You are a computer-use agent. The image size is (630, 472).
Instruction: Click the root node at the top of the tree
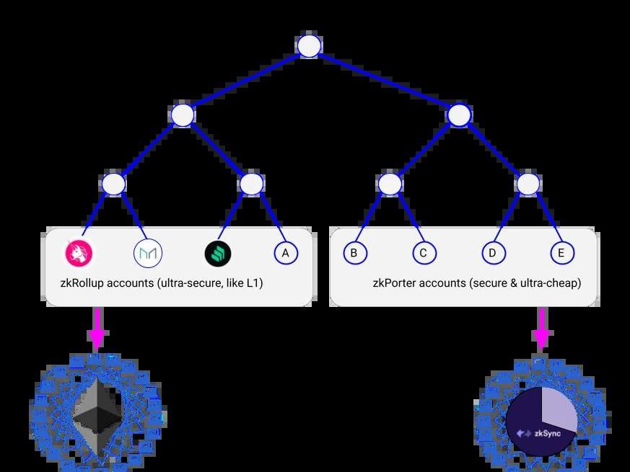(x=309, y=46)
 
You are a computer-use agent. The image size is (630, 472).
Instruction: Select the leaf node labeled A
(x=286, y=253)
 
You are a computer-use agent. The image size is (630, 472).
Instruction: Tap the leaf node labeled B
(x=354, y=253)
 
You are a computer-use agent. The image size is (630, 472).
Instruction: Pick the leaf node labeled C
(x=424, y=253)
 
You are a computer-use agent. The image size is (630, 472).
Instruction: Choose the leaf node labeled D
(x=492, y=253)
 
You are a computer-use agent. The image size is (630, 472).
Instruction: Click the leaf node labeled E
(x=561, y=253)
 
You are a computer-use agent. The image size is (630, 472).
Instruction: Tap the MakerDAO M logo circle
(x=147, y=253)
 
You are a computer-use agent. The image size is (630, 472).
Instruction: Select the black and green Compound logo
(x=216, y=253)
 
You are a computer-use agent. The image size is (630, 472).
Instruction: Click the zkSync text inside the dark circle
(x=548, y=433)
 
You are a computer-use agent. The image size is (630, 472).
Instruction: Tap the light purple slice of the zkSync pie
(x=557, y=407)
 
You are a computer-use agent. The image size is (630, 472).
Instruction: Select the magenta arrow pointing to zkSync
(x=541, y=332)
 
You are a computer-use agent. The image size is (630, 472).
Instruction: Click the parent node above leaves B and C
(x=390, y=184)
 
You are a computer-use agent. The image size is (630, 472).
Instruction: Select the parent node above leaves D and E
(x=528, y=184)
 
